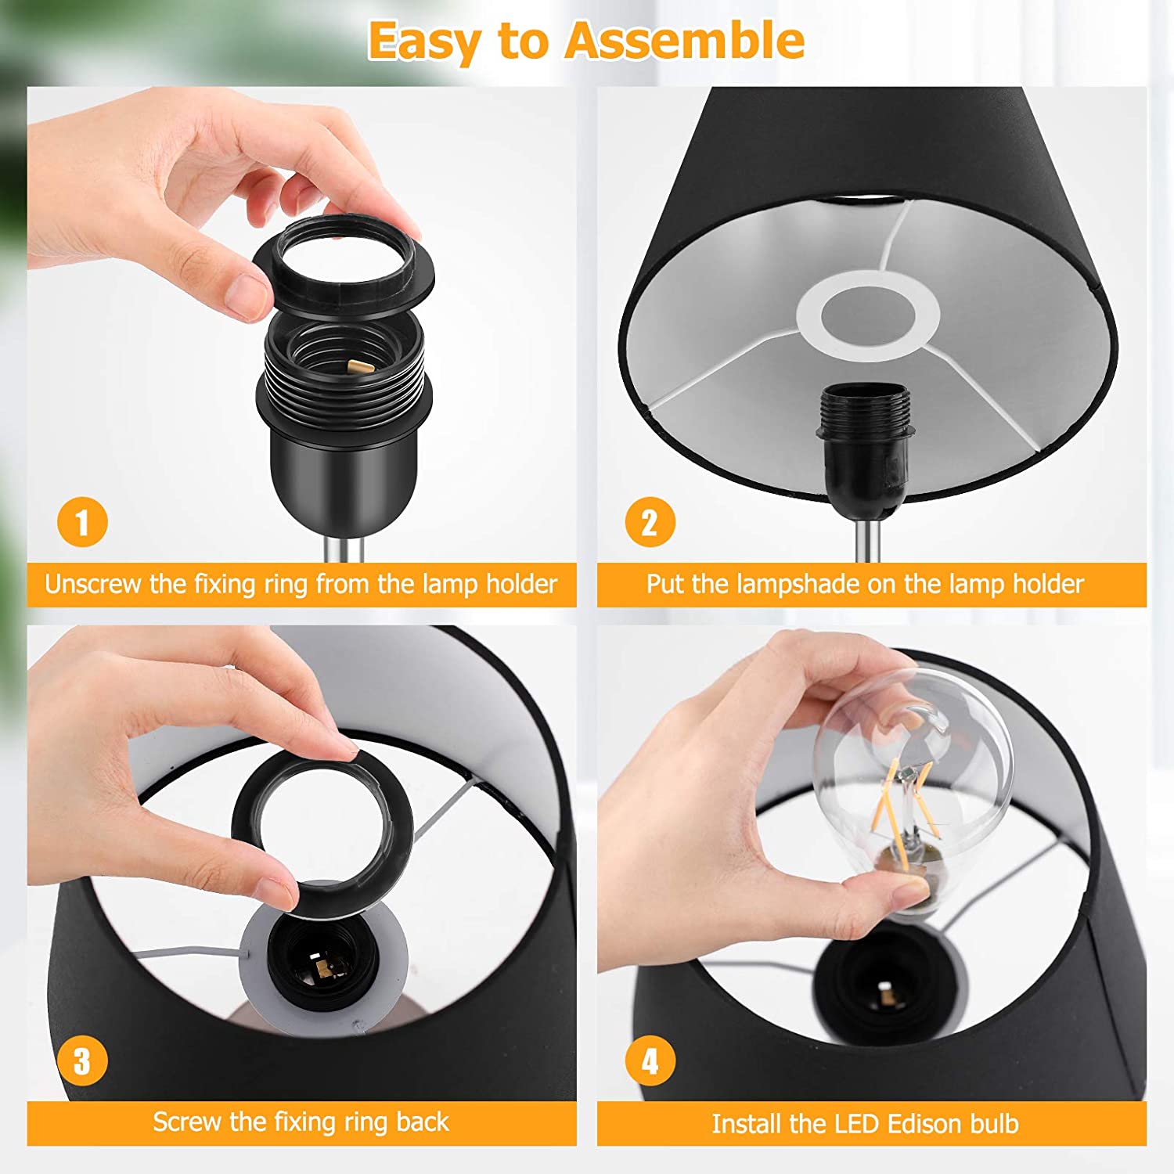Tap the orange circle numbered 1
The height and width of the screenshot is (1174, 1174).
coord(82,522)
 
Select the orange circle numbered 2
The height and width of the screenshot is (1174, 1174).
coord(650,522)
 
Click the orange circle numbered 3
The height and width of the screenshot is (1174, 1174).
coord(82,1061)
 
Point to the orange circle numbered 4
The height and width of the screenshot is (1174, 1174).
coord(650,1061)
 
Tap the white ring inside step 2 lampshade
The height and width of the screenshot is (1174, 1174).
coord(868,316)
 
